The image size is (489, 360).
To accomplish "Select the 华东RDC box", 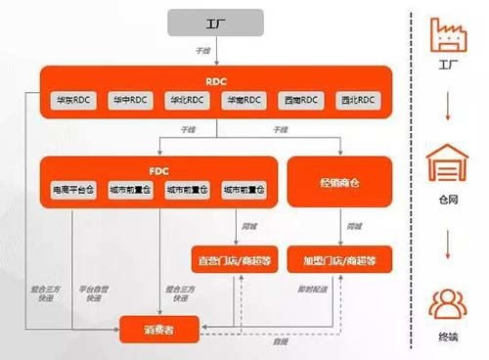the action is (74, 100).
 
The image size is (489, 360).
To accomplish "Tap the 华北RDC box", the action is (184, 100).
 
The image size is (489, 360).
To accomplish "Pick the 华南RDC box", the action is (242, 100).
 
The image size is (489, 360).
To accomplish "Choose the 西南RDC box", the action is (298, 100).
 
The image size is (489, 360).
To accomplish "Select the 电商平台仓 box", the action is (75, 188).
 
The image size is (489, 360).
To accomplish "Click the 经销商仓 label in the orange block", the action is (339, 181).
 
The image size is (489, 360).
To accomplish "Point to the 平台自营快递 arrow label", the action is (94, 293).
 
